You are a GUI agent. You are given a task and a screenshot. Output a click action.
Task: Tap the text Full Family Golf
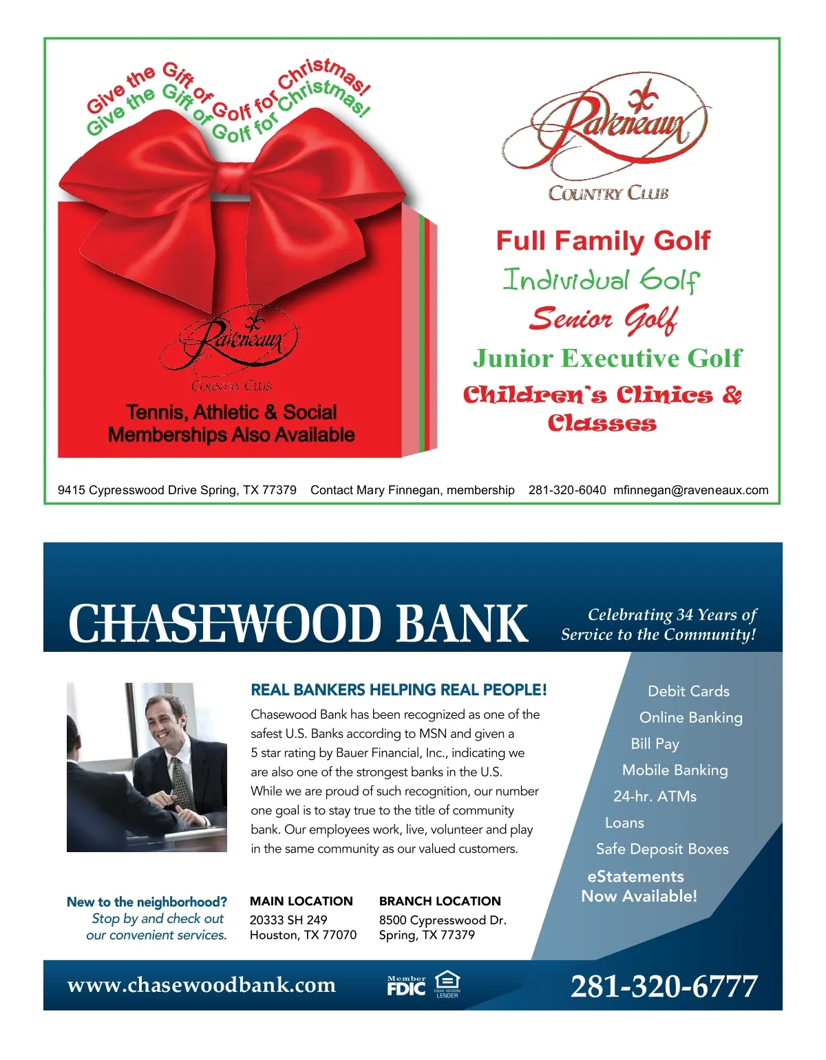click(602, 241)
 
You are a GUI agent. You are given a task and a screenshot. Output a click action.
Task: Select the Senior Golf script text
click(603, 319)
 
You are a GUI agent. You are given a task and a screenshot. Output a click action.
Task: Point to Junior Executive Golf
click(607, 358)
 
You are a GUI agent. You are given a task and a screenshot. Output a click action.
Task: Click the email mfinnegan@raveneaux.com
click(690, 490)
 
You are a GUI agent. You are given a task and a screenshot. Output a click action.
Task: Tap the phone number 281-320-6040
click(567, 490)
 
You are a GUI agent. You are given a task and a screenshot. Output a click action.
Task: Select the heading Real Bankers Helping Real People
click(399, 690)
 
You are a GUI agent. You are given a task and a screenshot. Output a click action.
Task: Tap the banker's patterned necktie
click(180, 782)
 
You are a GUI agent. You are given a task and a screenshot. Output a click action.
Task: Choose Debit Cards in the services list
click(688, 691)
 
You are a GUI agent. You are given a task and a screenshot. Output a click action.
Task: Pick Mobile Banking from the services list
click(675, 770)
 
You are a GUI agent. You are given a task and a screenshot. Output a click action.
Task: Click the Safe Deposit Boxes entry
click(662, 849)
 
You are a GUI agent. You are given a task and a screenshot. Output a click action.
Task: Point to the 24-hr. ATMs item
click(655, 796)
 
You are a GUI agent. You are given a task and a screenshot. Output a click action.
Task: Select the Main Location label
click(301, 901)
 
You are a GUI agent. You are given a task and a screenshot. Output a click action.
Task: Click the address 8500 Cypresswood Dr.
click(443, 920)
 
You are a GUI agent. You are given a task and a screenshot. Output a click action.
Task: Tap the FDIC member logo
click(406, 986)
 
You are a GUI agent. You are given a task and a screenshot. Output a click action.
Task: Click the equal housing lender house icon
click(447, 981)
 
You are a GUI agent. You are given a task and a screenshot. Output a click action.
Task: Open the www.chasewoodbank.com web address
click(201, 985)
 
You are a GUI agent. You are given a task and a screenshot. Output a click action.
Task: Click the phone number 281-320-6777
click(664, 986)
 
